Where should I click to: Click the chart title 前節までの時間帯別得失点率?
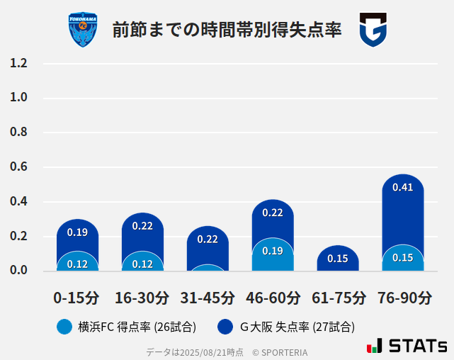227,30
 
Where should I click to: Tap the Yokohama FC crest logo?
83,30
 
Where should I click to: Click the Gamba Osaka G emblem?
373,30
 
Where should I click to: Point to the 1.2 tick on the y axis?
18,63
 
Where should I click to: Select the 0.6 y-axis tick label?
18,167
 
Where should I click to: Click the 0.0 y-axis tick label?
18,270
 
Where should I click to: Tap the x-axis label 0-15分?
77,298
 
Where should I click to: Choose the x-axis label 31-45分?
208,298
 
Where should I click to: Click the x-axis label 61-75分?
338,298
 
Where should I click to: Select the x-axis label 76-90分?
403,298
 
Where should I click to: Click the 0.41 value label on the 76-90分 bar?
402,188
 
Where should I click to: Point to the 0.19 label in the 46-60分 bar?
273,251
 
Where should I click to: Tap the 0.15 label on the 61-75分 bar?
338,259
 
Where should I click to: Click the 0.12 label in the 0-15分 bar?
77,264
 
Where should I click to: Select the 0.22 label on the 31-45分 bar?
208,240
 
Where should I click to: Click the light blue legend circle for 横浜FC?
64,327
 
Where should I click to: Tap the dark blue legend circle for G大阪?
225,327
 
